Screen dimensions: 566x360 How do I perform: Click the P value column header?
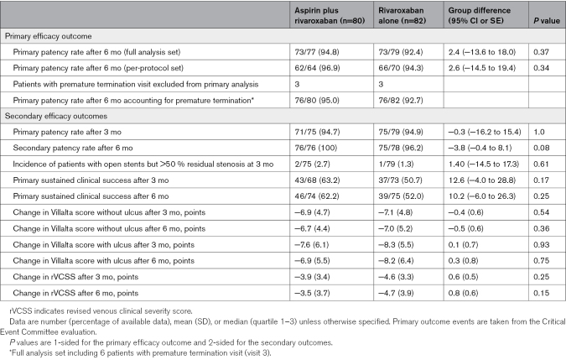[x=547, y=21]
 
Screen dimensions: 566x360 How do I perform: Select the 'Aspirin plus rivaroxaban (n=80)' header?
[x=330, y=16]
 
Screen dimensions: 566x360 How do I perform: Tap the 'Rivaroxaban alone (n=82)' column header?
[x=402, y=16]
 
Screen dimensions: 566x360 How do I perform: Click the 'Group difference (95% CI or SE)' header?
[x=480, y=16]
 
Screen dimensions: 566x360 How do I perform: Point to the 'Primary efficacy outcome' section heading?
[x=49, y=36]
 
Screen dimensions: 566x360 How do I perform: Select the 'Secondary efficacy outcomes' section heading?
[x=56, y=116]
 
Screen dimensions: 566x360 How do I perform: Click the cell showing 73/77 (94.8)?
[x=317, y=52]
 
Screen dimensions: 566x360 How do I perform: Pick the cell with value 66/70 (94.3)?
[x=401, y=68]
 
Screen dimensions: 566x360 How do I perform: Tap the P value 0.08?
[x=542, y=148]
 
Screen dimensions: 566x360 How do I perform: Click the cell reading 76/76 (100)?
[x=315, y=148]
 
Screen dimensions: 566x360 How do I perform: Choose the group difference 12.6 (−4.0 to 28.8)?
[x=482, y=180]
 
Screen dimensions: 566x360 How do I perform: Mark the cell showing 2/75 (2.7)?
[x=312, y=164]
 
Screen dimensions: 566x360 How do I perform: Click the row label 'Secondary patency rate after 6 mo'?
[x=73, y=148]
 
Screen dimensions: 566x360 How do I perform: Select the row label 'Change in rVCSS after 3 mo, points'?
[x=75, y=277]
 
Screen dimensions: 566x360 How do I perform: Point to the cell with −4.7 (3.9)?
[x=396, y=293]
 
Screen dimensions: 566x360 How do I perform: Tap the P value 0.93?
[x=542, y=244]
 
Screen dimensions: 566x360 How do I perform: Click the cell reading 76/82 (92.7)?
[x=401, y=100]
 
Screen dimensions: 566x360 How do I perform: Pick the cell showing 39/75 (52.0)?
[x=401, y=196]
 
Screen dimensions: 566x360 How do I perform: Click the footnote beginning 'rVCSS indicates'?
[x=101, y=310]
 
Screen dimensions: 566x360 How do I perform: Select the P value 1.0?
[x=539, y=132]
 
